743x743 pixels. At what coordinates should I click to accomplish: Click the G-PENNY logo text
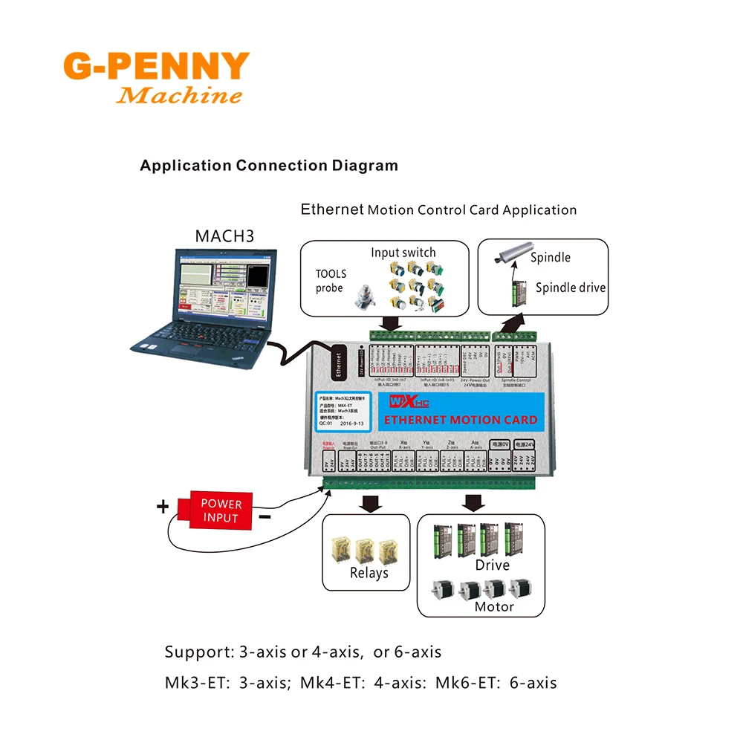156,67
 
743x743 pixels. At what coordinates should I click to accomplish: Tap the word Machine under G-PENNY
180,96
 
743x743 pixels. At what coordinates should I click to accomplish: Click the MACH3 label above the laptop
224,236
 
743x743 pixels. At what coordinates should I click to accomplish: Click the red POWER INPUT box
221,510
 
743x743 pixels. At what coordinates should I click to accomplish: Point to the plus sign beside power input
162,507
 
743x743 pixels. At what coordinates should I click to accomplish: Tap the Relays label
369,573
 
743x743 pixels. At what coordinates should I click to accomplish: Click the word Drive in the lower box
492,565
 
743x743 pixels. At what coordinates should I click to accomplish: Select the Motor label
494,606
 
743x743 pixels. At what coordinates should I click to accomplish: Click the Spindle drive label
570,288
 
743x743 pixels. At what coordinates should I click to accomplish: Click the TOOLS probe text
331,281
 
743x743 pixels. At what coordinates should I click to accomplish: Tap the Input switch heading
403,253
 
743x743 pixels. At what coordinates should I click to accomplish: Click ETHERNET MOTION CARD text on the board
459,420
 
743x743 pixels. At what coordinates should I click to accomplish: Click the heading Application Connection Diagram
269,166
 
